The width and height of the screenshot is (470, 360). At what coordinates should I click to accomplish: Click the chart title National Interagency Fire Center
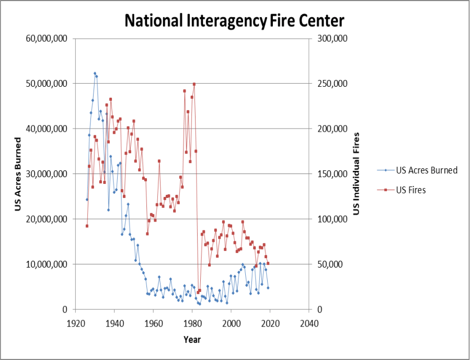point(234,21)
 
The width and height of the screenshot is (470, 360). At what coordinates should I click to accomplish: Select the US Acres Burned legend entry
point(427,170)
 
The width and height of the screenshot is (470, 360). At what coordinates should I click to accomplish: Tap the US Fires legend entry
point(411,190)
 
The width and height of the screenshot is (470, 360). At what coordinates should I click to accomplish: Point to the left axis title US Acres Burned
point(17,174)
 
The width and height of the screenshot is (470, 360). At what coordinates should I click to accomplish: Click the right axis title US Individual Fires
point(357,174)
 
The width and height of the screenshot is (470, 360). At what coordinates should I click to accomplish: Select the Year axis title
point(192,340)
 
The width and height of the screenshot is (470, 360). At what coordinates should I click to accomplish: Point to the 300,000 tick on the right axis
point(329,39)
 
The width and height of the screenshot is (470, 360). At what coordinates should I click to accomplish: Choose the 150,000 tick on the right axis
point(329,174)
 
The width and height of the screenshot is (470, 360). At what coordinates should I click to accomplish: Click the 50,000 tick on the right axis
point(327,264)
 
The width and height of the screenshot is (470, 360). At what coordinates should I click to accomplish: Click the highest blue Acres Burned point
point(95,73)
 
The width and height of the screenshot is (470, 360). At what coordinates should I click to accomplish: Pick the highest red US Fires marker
point(194,84)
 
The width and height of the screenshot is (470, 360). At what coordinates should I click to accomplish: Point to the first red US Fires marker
point(87,226)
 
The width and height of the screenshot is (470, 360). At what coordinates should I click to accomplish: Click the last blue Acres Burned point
point(268,288)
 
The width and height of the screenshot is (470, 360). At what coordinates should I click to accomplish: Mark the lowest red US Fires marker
point(198,292)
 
